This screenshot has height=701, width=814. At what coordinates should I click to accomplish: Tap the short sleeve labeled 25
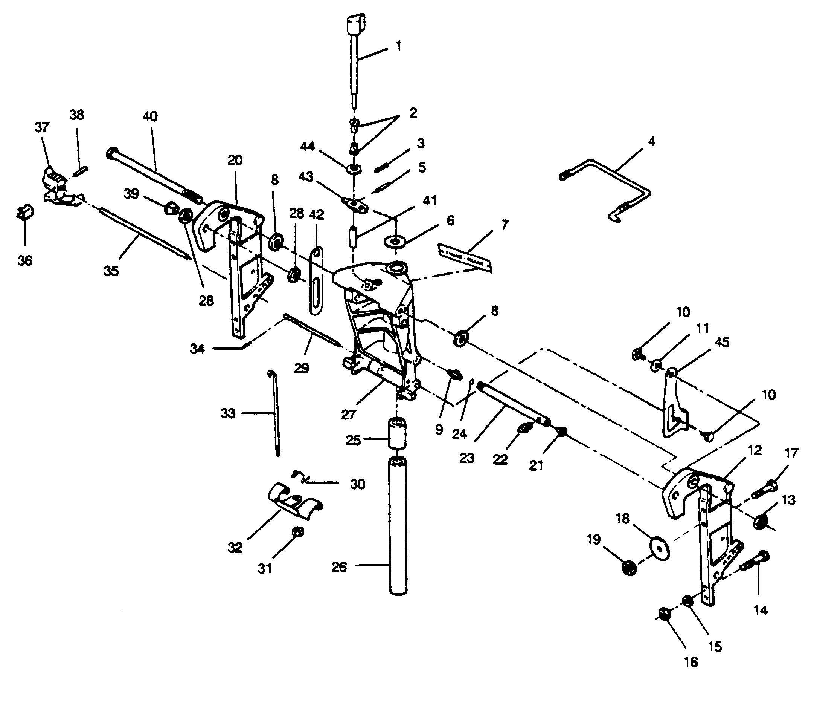[398, 433]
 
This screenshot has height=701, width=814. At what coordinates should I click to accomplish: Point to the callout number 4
[651, 142]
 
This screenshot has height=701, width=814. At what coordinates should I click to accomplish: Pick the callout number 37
[43, 127]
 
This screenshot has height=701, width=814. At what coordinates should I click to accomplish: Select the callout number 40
[150, 116]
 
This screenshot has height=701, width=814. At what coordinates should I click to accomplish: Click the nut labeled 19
[630, 567]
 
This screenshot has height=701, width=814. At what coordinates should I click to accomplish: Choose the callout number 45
[722, 342]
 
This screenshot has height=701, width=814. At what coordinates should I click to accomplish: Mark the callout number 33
[228, 413]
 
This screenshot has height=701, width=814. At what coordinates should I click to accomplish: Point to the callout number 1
[398, 46]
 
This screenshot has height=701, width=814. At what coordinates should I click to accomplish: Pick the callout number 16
[691, 662]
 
